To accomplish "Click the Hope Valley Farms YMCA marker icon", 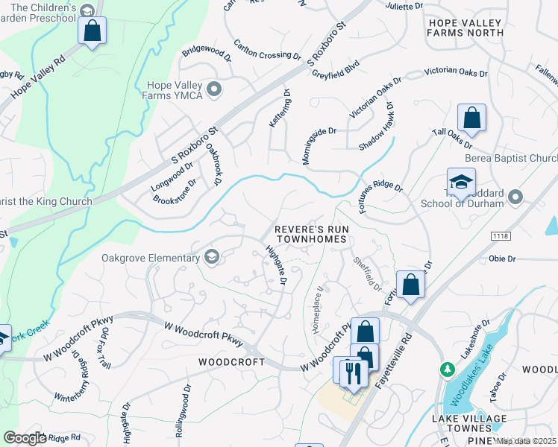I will pyautogui.click(x=214, y=90).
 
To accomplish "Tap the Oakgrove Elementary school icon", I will pyautogui.click(x=212, y=258).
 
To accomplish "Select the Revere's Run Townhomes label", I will pyautogui.click(x=310, y=234).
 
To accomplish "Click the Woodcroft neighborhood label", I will pyautogui.click(x=231, y=361).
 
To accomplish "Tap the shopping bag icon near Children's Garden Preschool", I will pyautogui.click(x=93, y=31).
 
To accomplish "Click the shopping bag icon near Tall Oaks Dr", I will pyautogui.click(x=471, y=118).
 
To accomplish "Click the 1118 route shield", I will pyautogui.click(x=501, y=235).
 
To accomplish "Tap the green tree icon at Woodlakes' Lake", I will pyautogui.click(x=448, y=369).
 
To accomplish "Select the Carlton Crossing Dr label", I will pyautogui.click(x=266, y=51).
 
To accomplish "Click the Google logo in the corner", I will pyautogui.click(x=25, y=438).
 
